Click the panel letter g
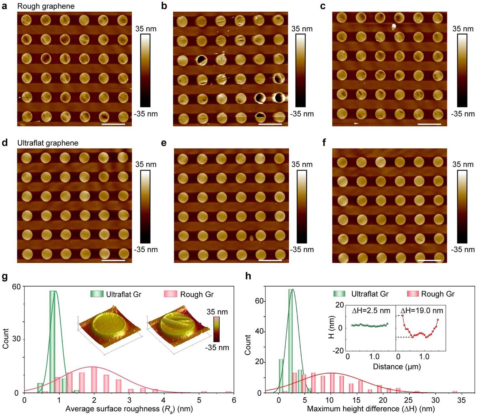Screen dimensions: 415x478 pyautogui.click(x=5, y=277)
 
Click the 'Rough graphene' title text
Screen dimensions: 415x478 pyautogui.click(x=46, y=6)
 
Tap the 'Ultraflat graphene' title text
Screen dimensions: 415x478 pyautogui.click(x=48, y=143)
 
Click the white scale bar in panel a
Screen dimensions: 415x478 pyautogui.click(x=113, y=124)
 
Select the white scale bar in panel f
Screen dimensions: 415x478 pyautogui.click(x=429, y=260)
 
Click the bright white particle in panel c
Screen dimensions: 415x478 pyautogui.click(x=394, y=26)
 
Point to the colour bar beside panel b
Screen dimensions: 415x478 pyautogui.click(x=300, y=70)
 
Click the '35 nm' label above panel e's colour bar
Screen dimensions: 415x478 pyautogui.click(x=302, y=164)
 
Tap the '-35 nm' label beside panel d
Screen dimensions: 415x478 pyautogui.click(x=146, y=249)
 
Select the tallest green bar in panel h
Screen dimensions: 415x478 pyautogui.click(x=291, y=341)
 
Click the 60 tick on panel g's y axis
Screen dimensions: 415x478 pyautogui.click(x=16, y=287)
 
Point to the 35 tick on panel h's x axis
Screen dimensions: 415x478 pyautogui.click(x=461, y=400)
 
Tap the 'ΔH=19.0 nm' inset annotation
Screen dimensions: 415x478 pyautogui.click(x=422, y=311)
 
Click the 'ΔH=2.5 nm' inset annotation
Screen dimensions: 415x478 pyautogui.click(x=371, y=311)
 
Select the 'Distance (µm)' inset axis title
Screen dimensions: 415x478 pyautogui.click(x=397, y=366)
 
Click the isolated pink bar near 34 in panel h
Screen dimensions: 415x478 pyautogui.click(x=455, y=392)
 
